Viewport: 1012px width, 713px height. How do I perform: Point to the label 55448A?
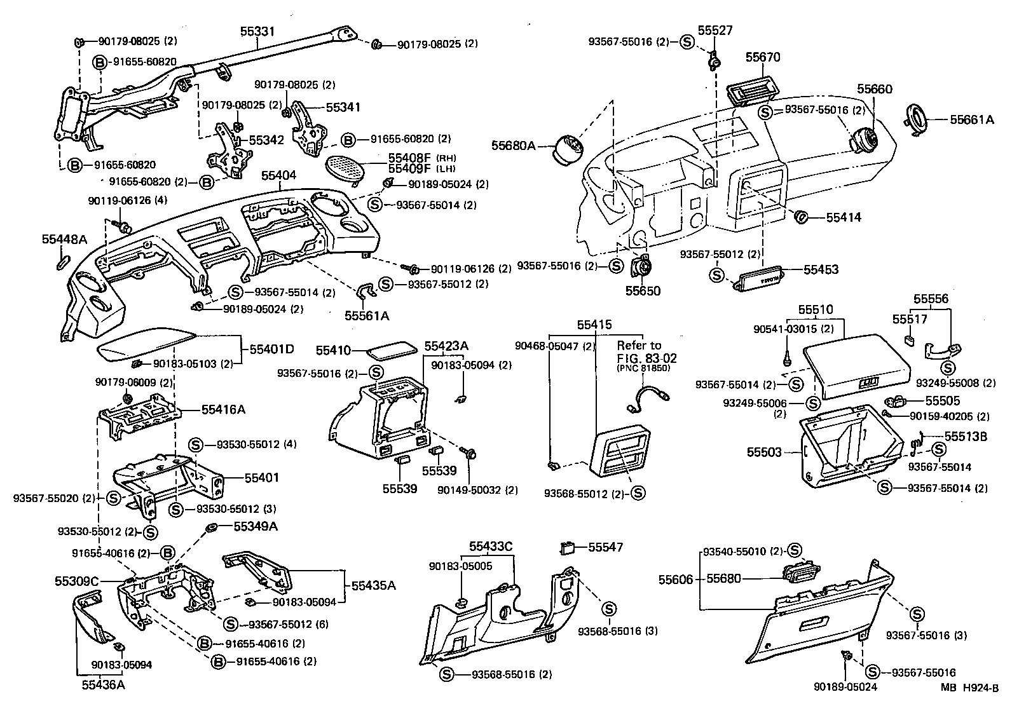[x=64, y=240]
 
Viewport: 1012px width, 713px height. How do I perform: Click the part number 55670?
[x=762, y=58]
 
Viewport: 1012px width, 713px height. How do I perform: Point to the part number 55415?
[x=594, y=325]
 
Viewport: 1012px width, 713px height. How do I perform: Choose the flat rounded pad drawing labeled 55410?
[x=392, y=350]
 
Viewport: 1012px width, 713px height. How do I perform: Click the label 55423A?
[x=446, y=346]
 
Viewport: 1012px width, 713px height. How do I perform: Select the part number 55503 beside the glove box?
[x=765, y=452]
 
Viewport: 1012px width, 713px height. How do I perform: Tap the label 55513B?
[x=965, y=437]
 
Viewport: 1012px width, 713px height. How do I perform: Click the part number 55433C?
[x=491, y=546]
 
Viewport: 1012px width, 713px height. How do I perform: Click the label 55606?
[x=676, y=579]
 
